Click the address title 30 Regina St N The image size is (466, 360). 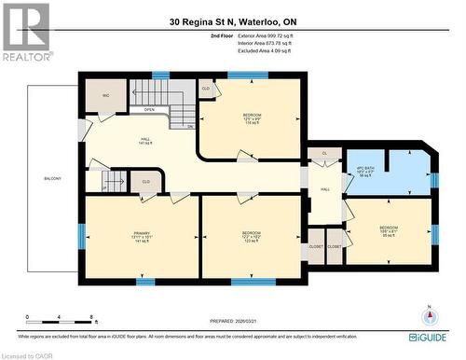233,21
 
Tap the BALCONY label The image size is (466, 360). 52,177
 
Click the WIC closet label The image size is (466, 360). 105,94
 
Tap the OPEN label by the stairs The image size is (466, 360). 149,109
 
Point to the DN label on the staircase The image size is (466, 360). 189,126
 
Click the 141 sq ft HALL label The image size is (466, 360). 144,142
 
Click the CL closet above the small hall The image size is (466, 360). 324,153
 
